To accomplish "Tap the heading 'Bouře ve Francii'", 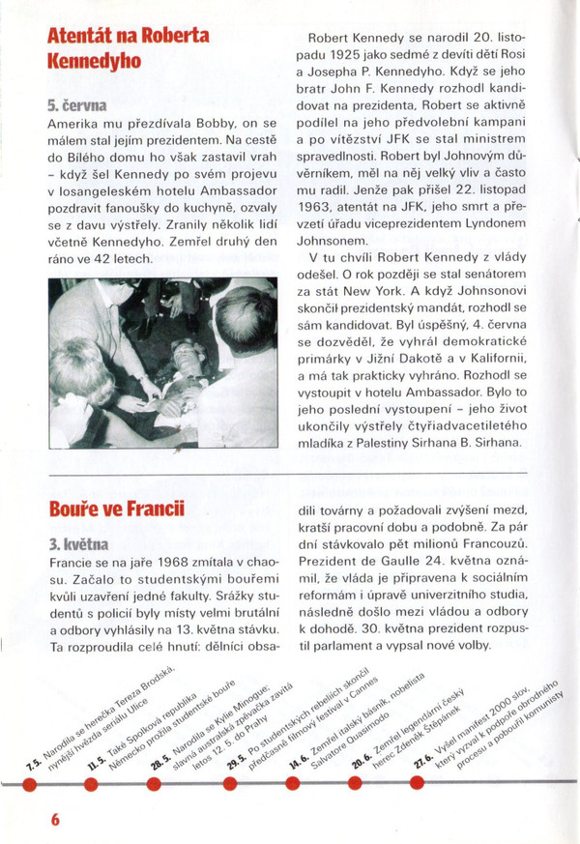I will pyautogui.click(x=118, y=509).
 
